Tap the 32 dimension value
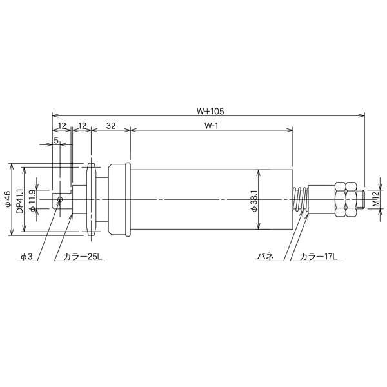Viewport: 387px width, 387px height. tap(110, 126)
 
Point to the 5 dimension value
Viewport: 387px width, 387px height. tap(57, 139)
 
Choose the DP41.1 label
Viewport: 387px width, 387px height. tap(19, 200)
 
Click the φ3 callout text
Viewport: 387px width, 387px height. tap(26, 257)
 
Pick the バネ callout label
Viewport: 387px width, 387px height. tap(265, 257)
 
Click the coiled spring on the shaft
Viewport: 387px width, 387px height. tap(300, 199)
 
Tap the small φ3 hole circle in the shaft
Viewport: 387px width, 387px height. tap(59, 199)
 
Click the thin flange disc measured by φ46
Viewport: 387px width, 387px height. tap(92, 199)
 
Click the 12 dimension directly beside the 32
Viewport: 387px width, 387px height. tap(82, 126)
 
